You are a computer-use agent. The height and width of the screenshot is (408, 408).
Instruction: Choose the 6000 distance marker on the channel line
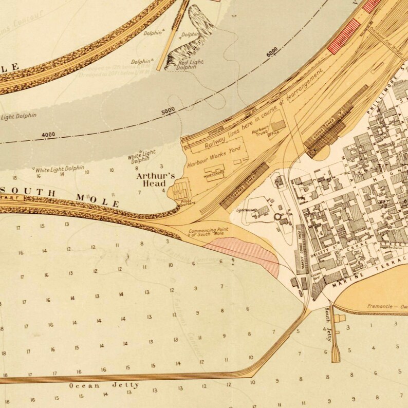(x=272, y=52)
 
